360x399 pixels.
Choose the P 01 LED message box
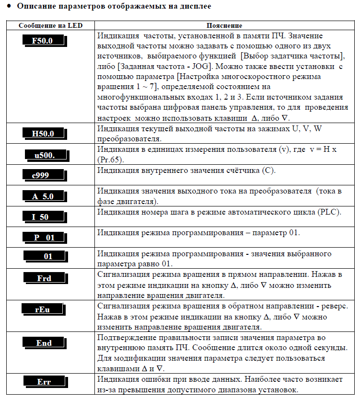click(x=44, y=237)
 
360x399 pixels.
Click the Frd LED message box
click(x=44, y=278)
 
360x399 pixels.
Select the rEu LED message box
click(x=42, y=309)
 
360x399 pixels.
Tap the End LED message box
click(x=44, y=343)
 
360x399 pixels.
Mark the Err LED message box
click(x=44, y=382)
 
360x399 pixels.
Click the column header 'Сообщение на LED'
click(x=47, y=25)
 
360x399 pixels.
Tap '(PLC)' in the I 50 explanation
click(x=327, y=212)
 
